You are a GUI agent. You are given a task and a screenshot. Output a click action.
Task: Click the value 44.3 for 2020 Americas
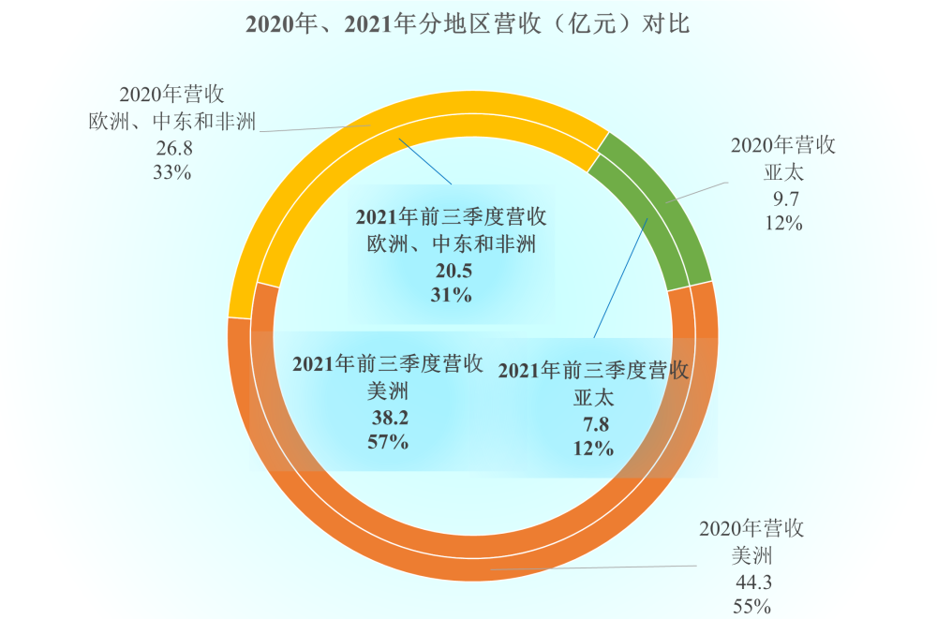(753, 582)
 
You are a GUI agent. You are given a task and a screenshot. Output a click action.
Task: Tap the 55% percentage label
(753, 607)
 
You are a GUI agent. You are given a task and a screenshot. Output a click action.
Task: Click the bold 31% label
(452, 295)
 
